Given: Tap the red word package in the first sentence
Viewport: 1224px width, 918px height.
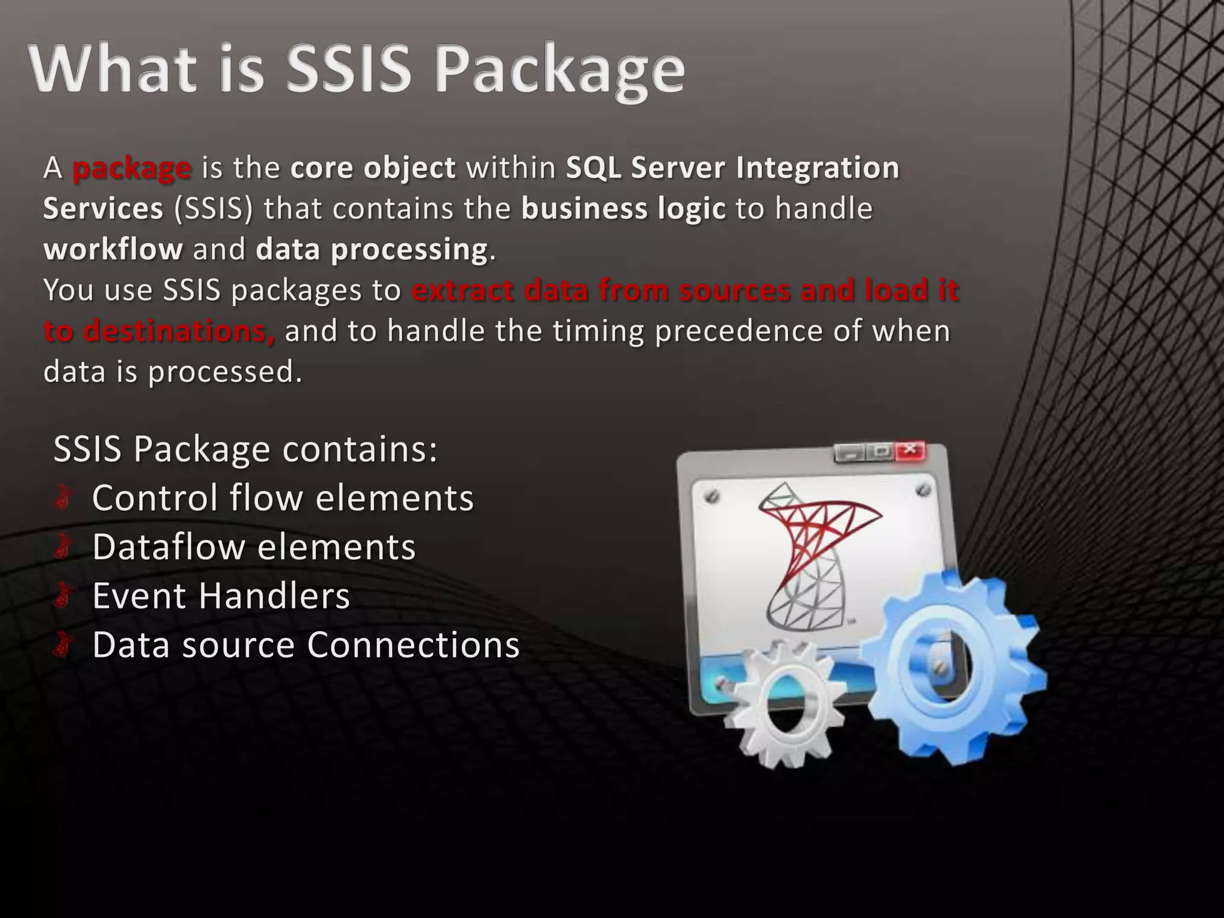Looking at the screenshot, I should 131,169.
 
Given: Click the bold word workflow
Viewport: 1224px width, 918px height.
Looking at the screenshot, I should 113,249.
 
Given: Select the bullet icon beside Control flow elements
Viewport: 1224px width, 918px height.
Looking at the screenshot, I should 63,498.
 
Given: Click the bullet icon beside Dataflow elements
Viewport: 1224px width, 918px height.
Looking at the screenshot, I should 63,547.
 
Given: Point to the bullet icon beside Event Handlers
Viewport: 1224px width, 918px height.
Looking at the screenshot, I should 63,596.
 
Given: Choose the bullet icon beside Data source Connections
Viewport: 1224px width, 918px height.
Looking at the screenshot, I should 63,645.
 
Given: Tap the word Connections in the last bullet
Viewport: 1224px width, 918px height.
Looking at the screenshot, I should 413,645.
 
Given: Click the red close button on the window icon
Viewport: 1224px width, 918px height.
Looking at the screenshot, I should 910,451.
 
